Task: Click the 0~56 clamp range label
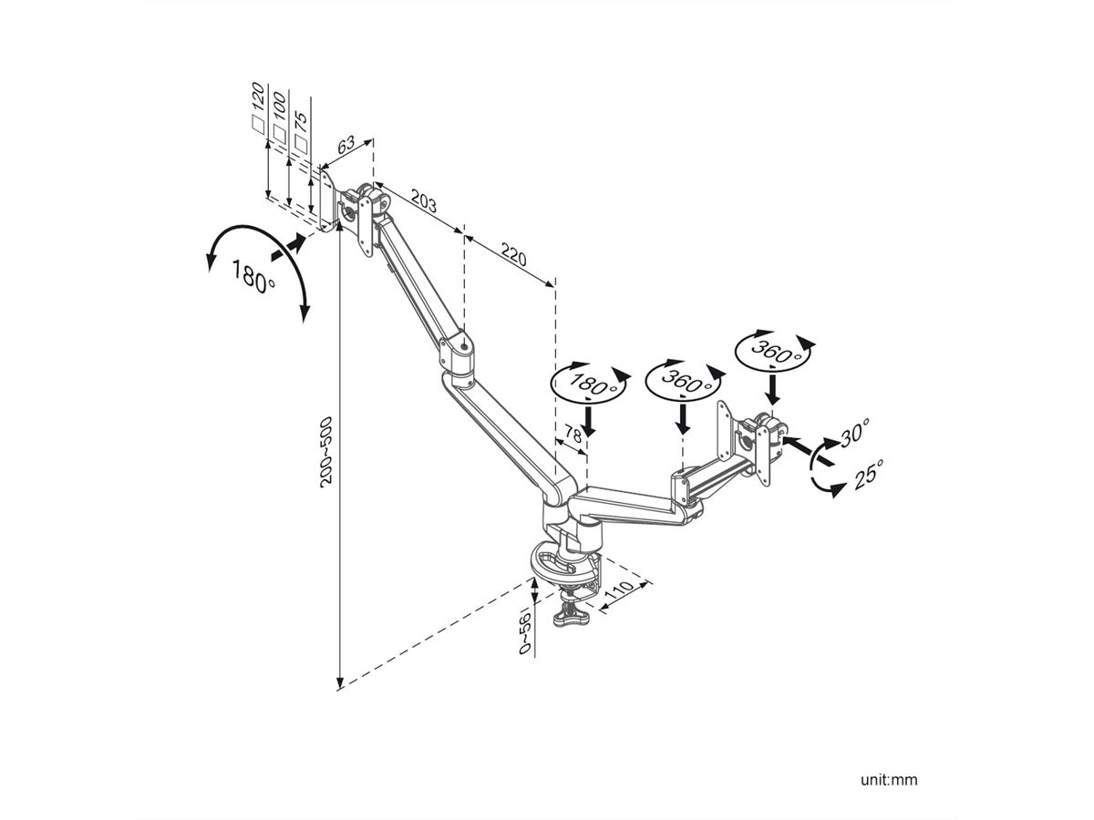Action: (x=523, y=630)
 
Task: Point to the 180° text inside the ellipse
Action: (x=590, y=384)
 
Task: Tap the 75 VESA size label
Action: (x=302, y=121)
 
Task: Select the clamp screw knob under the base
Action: (x=572, y=617)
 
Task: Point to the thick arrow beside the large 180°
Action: (x=291, y=245)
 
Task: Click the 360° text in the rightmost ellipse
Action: (x=774, y=352)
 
